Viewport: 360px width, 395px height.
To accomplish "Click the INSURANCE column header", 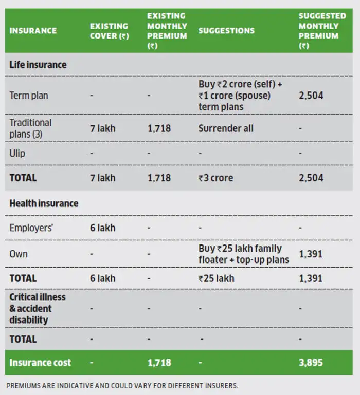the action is [33, 31].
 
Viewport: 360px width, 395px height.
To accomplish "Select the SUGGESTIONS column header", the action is [226, 31].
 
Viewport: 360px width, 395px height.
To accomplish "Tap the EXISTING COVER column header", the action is [109, 31].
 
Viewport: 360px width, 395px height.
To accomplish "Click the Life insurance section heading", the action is [38, 65].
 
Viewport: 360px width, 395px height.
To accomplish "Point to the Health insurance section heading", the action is [44, 203].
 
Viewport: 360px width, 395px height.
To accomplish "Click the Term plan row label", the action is [29, 96].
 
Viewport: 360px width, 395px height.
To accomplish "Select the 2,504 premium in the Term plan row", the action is [311, 96].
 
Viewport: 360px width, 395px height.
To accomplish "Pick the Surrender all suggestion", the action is [226, 128].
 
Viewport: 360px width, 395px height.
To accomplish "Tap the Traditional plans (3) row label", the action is [30, 128].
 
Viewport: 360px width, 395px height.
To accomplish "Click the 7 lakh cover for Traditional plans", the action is [103, 128].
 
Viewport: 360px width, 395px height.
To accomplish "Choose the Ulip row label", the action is [17, 154].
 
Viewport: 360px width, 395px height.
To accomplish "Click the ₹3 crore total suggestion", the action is [215, 178].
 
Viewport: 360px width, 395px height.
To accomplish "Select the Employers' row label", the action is [31, 228].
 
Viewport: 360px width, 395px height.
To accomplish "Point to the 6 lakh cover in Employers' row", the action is [103, 228].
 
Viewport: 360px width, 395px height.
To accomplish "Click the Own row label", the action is [19, 254].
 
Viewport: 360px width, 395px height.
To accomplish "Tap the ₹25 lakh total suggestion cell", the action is [216, 278].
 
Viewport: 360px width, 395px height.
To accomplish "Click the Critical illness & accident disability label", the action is [38, 308].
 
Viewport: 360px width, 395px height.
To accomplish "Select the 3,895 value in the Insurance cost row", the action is [311, 363].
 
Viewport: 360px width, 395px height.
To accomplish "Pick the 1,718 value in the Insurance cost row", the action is [159, 363].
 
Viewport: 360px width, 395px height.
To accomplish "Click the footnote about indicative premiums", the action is [122, 386].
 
